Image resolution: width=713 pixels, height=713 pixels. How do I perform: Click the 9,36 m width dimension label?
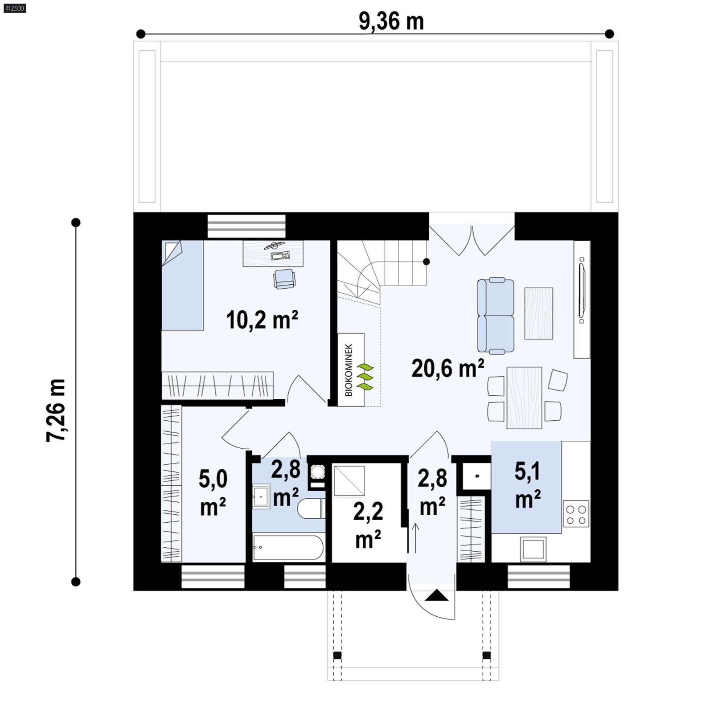click(391, 21)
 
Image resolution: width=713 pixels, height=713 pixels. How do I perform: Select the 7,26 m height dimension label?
click(56, 410)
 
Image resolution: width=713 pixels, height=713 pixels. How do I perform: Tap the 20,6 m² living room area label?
click(447, 369)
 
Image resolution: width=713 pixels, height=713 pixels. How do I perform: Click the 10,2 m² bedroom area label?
click(262, 320)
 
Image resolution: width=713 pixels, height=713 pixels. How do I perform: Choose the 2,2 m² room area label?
click(368, 525)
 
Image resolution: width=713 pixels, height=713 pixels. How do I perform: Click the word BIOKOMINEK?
click(349, 370)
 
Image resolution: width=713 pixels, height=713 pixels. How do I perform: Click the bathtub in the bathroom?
click(287, 547)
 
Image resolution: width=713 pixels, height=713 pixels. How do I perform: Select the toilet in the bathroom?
click(311, 508)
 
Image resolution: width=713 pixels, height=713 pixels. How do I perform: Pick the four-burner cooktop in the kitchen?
click(576, 514)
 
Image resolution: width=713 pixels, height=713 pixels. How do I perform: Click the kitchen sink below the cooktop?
click(533, 549)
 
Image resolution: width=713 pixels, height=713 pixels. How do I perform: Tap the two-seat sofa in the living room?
click(496, 316)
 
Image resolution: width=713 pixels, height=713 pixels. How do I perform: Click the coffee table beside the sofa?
click(538, 313)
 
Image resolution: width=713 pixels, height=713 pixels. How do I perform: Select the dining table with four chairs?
click(524, 397)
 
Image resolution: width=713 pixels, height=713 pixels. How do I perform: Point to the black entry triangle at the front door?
click(436, 595)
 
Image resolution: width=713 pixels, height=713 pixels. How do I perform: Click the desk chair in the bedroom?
click(284, 279)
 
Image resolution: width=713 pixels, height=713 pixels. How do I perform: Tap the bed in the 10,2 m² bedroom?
click(182, 285)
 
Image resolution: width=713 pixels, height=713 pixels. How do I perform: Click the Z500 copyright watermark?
click(14, 8)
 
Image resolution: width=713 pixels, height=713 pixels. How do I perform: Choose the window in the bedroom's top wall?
click(246, 226)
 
